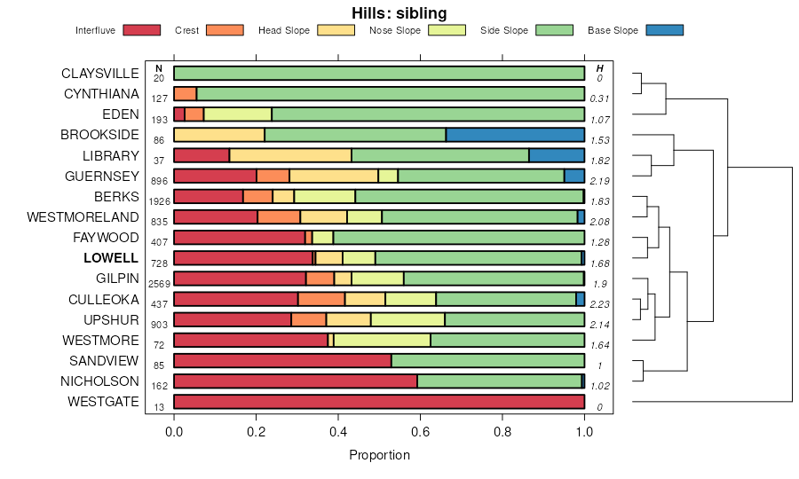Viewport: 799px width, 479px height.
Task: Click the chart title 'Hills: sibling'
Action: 399,12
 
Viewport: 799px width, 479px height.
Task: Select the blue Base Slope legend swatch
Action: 665,30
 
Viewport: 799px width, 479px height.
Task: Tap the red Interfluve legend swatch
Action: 141,30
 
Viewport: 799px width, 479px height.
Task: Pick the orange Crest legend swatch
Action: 225,30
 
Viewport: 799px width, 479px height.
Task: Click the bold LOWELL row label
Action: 111,258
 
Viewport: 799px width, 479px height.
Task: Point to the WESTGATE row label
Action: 103,402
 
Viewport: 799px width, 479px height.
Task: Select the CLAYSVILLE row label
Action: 100,73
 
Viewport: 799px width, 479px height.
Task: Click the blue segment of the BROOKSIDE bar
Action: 515,135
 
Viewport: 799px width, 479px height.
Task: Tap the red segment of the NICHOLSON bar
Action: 296,381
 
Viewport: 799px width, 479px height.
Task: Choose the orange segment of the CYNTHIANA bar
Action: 185,93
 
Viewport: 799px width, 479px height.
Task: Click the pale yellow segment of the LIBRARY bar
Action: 290,155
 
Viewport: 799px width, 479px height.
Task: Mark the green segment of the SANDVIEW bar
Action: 487,361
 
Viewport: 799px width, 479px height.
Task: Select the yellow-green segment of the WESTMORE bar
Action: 382,340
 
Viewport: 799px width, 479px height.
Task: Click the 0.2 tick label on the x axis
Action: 256,431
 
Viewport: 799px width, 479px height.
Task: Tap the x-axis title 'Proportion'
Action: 379,455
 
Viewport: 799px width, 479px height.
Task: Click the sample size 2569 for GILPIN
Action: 159,284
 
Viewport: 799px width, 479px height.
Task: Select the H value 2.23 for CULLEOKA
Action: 600,304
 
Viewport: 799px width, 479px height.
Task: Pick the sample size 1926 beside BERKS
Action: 159,201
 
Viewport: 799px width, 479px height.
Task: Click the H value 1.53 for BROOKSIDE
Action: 600,140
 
